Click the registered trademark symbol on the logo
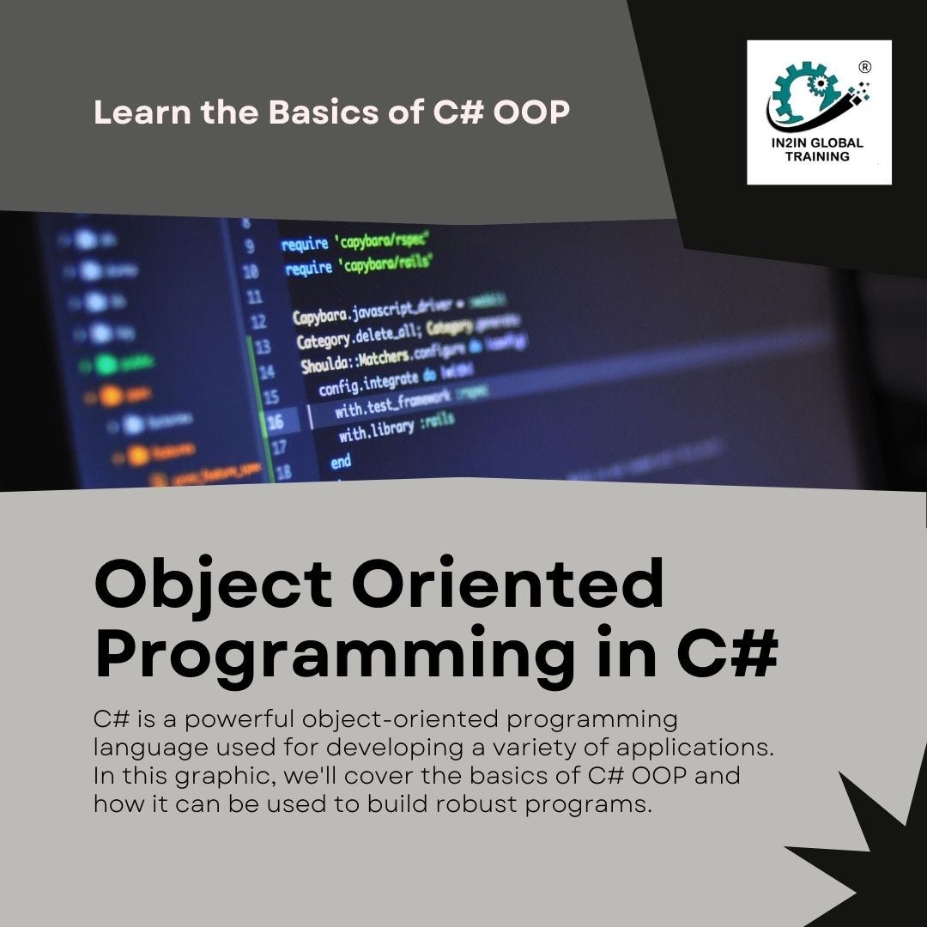(x=865, y=67)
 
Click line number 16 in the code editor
(x=275, y=422)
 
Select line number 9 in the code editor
(x=250, y=246)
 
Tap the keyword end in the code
(x=341, y=462)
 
